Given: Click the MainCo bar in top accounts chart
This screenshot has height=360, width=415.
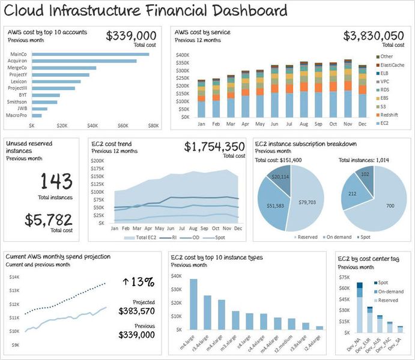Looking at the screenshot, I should point(90,54).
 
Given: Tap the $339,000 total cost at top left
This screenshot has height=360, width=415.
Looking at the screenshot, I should point(131,36).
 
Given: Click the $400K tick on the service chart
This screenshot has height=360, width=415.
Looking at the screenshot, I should point(183,55).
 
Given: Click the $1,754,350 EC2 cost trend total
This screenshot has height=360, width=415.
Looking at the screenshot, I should point(214,147).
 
